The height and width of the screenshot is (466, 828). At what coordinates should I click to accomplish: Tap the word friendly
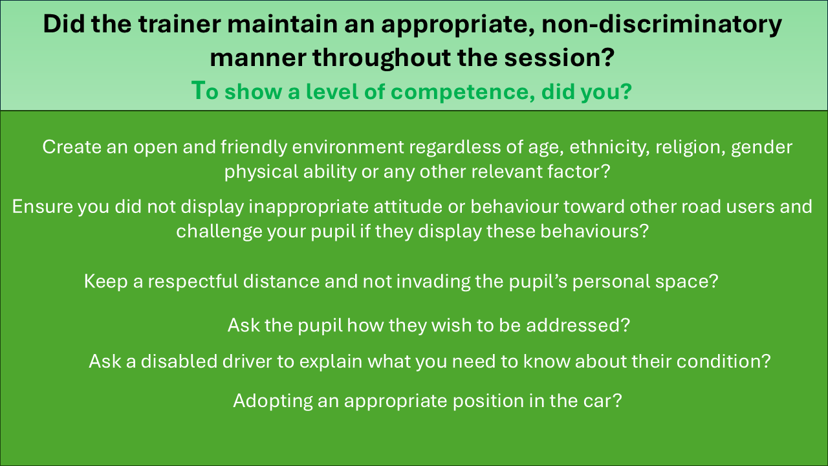[254, 147]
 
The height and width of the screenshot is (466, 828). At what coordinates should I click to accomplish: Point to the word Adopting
[273, 401]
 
